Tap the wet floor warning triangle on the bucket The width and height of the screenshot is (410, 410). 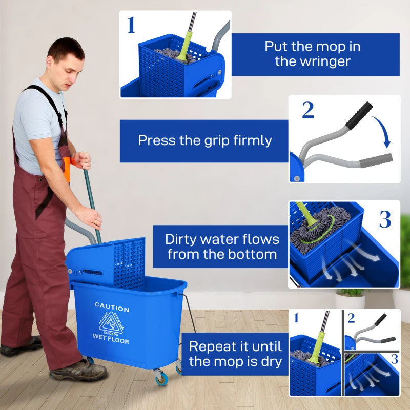[110, 323]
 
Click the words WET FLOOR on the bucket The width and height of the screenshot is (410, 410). [111, 339]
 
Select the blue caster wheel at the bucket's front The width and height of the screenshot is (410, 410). [161, 379]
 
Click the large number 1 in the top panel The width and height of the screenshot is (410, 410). [131, 25]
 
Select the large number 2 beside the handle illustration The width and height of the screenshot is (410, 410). [307, 110]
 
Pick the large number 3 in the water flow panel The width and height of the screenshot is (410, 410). [385, 219]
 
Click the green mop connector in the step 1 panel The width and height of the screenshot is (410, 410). [185, 46]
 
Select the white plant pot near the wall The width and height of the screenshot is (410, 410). [350, 300]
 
